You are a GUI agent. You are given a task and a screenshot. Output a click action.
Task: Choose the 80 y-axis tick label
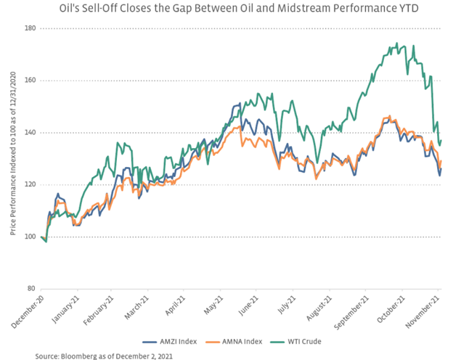coord(30,289)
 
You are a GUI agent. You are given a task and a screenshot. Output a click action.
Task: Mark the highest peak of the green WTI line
coord(396,44)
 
